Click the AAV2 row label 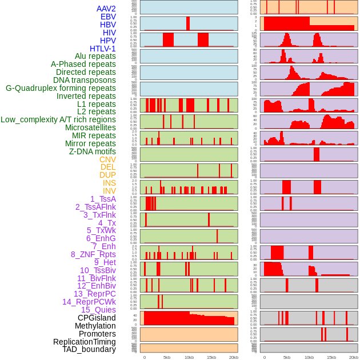(x=106, y=9)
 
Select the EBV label (x=108, y=17)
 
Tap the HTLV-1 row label (x=103, y=49)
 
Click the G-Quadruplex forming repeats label (x=61, y=88)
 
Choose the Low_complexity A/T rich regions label (x=58, y=119)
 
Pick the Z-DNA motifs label (x=92, y=151)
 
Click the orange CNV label (x=107, y=159)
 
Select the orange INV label (x=109, y=191)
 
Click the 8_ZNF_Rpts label (x=93, y=254)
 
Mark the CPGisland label (x=97, y=318)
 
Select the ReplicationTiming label (x=85, y=342)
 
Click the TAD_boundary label (x=89, y=349)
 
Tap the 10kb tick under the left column (x=189, y=357)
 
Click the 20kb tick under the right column (x=354, y=357)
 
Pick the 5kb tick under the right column (x=286, y=357)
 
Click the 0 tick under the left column (x=144, y=357)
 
